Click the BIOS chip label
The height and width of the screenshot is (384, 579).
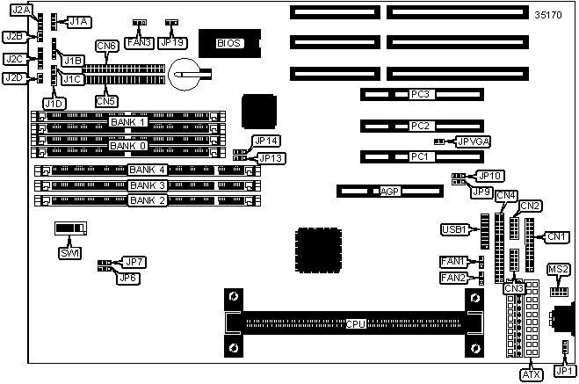click(228, 43)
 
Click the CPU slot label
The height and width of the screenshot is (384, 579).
click(356, 323)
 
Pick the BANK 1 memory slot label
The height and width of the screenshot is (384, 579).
click(128, 121)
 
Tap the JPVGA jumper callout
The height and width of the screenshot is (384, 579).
click(474, 141)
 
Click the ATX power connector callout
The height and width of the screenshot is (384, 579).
click(531, 374)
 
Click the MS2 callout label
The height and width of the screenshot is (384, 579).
click(558, 269)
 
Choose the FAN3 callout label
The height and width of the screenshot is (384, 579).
click(139, 40)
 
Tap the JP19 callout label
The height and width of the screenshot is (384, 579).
click(173, 40)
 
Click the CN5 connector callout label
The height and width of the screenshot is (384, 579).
click(106, 100)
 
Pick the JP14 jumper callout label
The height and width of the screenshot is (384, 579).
click(265, 141)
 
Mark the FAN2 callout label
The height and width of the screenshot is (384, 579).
click(454, 278)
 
